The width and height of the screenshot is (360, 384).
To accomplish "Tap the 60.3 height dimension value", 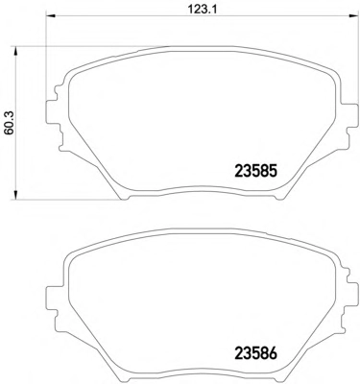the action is (x=10, y=123).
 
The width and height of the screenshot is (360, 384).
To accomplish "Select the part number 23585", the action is (x=255, y=171).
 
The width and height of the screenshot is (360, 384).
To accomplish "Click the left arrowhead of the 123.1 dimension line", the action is (x=51, y=16).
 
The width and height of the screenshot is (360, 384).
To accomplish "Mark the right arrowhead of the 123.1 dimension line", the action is (x=353, y=16).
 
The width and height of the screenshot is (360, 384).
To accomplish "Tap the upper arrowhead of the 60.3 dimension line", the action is (x=15, y=51).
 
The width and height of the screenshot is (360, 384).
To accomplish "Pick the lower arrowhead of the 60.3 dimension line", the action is (x=15, y=195).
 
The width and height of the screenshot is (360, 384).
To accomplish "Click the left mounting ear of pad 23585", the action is (x=53, y=112).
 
